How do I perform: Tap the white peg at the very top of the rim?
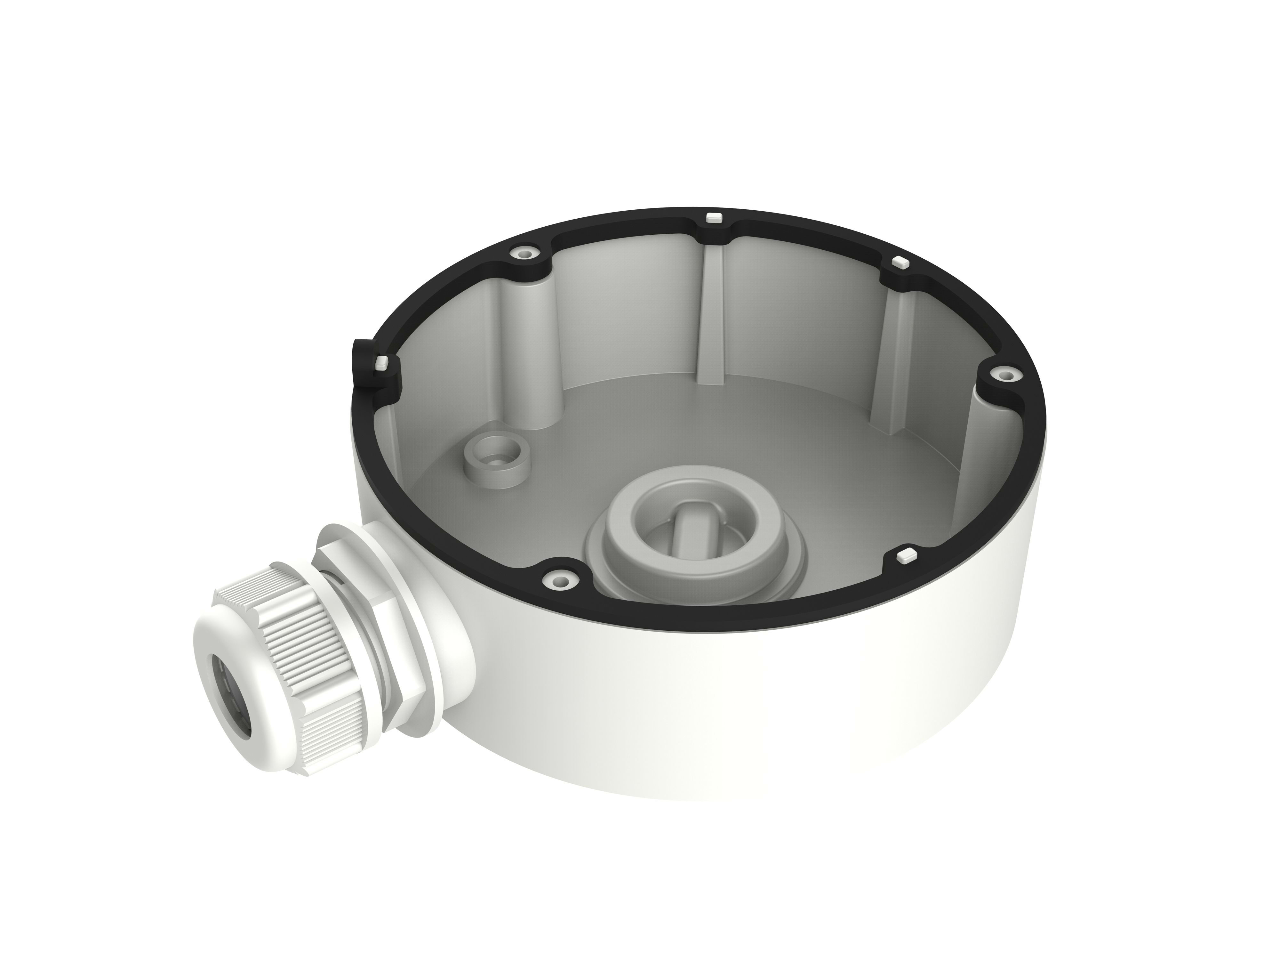[x=714, y=218]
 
